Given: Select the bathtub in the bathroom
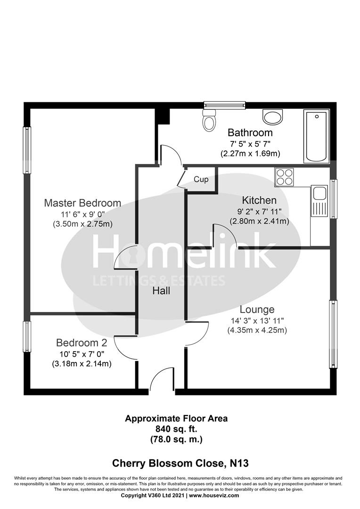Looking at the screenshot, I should [x=317, y=137].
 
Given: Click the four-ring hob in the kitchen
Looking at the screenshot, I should [x=284, y=178].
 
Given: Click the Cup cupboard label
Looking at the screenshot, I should [x=201, y=180].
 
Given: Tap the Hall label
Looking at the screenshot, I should [x=161, y=291].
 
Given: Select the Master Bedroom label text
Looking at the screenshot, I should [x=82, y=203].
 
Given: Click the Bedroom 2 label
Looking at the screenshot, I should [x=82, y=343].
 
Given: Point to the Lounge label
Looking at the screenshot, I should [x=257, y=310].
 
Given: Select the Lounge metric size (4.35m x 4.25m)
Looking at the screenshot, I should [x=257, y=330].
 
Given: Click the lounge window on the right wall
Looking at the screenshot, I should [x=333, y=335].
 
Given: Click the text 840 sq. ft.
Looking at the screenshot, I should [x=176, y=429].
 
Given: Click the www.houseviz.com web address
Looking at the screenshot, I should [x=214, y=495].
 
